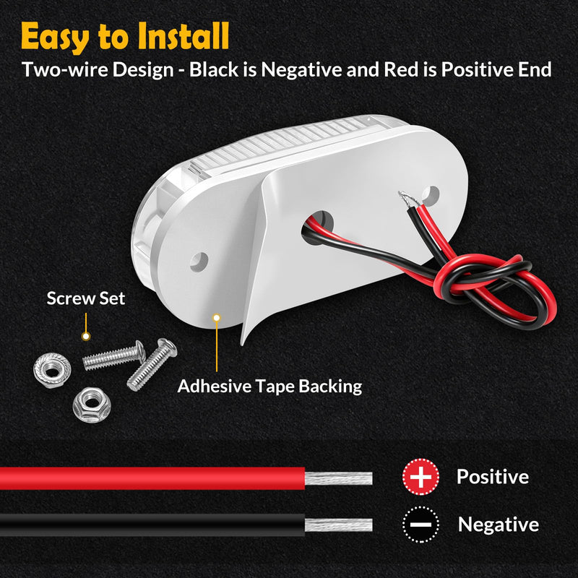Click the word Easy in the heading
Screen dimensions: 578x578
point(56,37)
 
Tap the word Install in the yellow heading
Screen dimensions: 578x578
point(184,35)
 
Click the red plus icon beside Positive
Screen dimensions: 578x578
point(420,477)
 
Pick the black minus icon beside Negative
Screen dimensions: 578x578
point(420,525)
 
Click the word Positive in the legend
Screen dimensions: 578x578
point(493,477)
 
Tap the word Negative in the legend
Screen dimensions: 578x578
point(499,525)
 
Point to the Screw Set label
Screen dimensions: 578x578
point(86,298)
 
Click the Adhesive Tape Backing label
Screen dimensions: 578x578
point(269,387)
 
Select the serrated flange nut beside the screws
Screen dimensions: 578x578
point(52,370)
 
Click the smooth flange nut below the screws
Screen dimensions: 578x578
point(92,405)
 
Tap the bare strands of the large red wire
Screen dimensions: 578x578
point(338,478)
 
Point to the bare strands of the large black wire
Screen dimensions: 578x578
point(338,525)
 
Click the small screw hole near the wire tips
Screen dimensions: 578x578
point(431,195)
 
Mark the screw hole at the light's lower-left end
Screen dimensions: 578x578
point(199,262)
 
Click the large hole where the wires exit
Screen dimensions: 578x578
point(318,228)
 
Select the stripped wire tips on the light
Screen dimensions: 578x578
point(408,199)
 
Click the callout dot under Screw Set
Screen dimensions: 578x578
point(86,336)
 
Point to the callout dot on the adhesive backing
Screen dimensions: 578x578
point(217,318)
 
